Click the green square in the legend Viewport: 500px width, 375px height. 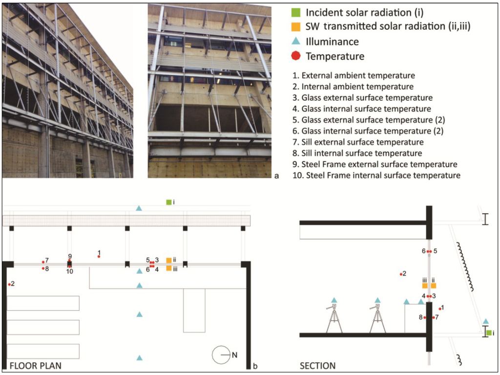[294, 12]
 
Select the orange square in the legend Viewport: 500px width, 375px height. [294, 26]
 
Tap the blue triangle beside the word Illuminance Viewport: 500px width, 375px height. [294, 42]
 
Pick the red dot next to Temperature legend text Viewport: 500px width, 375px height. [294, 56]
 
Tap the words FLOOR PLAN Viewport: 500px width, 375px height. [35, 365]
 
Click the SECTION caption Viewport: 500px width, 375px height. [318, 365]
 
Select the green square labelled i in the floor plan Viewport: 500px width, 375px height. [168, 201]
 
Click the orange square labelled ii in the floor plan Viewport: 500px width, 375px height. [169, 260]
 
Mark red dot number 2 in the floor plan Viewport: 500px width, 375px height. [9, 284]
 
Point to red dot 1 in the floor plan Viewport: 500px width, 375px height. [99, 256]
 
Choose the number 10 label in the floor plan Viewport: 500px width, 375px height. [70, 271]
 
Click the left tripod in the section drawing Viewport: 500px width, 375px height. [334, 318]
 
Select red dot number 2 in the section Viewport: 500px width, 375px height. [400, 274]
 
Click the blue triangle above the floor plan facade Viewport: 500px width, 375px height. [139, 208]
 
